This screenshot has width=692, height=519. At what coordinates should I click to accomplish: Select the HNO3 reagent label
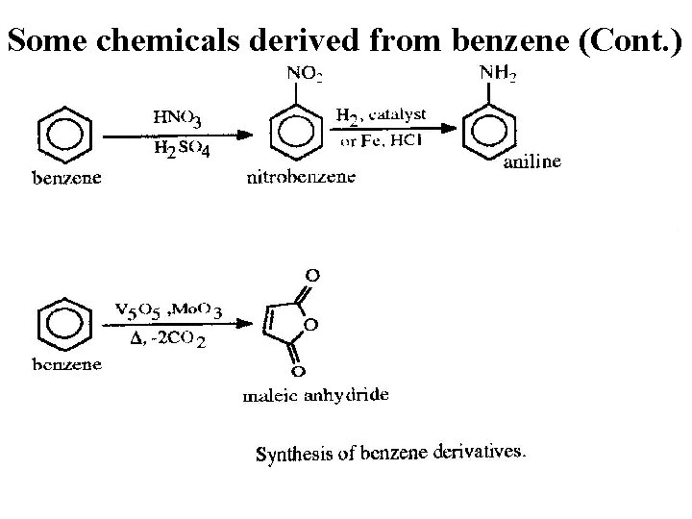178,118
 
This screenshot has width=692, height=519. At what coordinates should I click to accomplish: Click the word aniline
532,162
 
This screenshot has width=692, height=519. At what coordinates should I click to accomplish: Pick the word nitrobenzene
302,177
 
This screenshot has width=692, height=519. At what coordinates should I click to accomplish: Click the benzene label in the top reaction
66,178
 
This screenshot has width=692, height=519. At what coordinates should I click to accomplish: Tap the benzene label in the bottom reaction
66,365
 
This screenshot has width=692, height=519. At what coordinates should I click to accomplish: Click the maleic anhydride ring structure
284,324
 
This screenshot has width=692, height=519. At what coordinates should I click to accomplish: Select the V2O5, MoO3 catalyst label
169,309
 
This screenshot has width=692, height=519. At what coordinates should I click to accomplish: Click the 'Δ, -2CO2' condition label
168,341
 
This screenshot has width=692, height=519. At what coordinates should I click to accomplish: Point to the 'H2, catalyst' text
381,117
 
